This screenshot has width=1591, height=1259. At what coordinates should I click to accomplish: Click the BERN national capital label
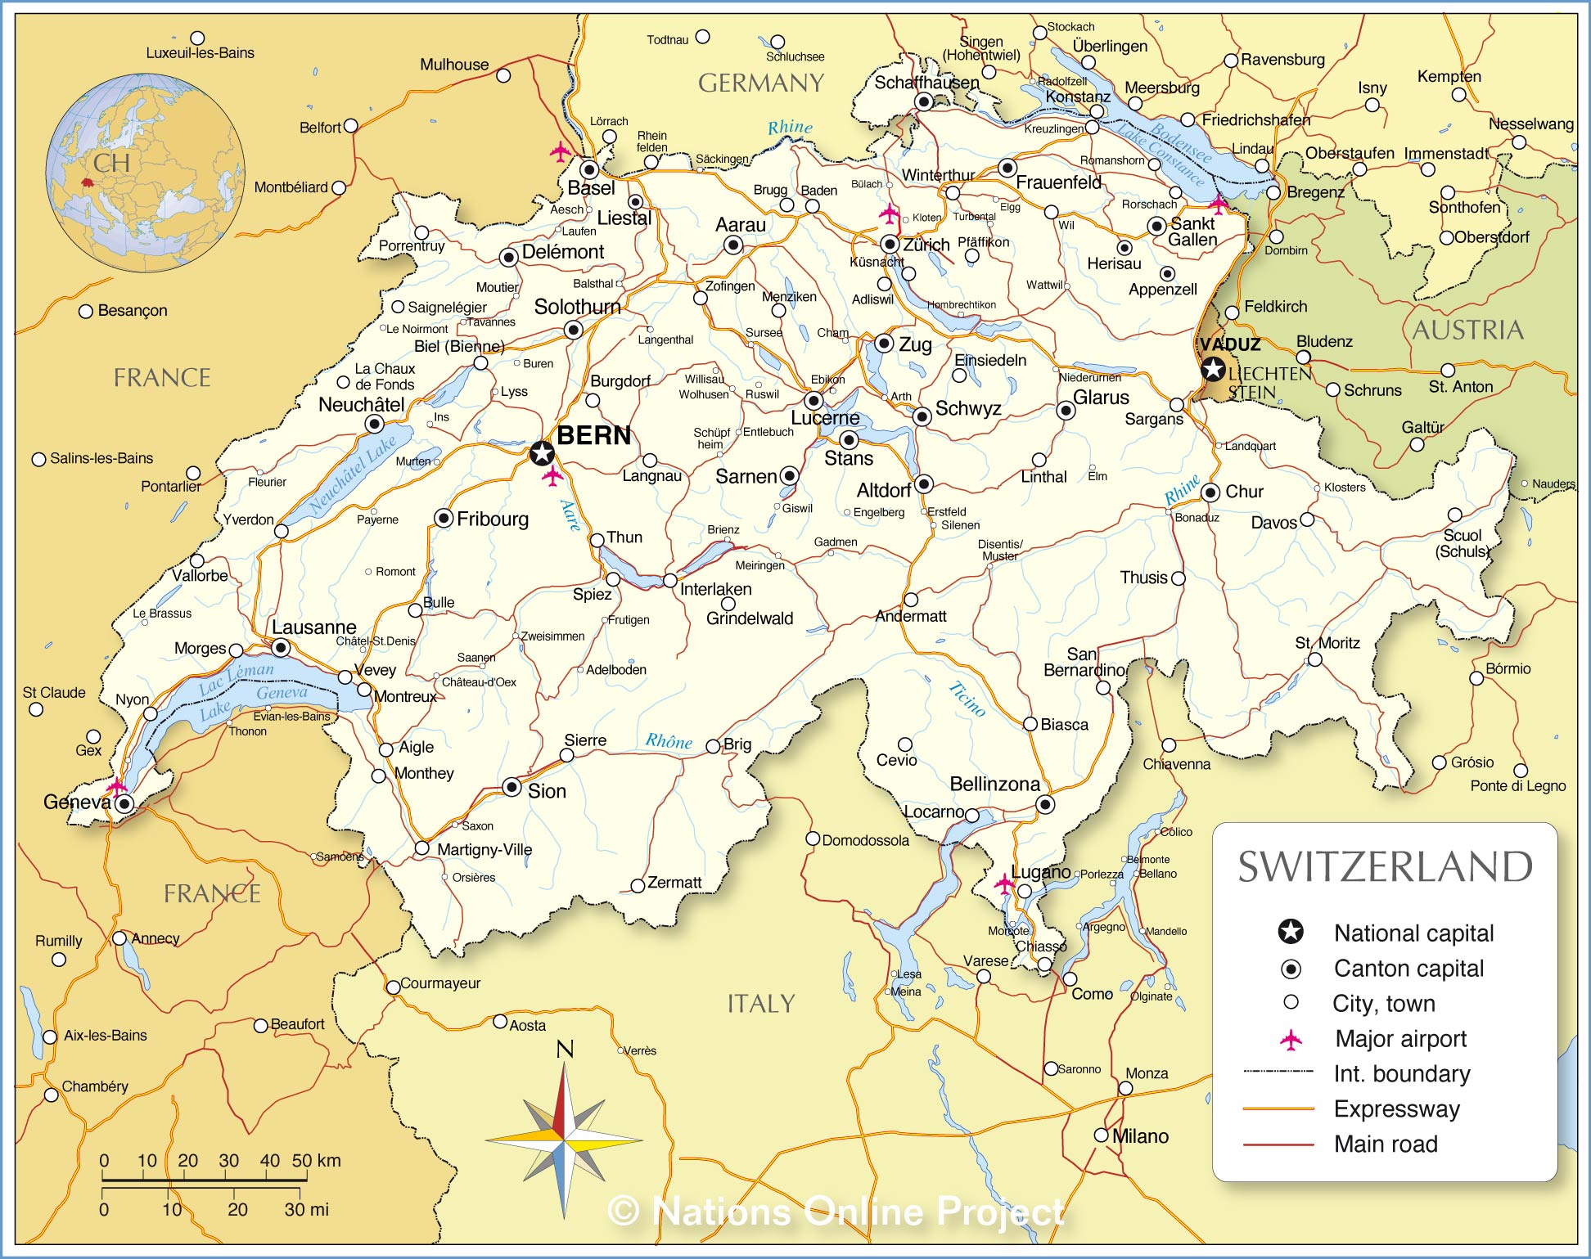(x=594, y=435)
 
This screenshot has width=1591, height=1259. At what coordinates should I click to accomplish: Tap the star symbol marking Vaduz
(x=1213, y=369)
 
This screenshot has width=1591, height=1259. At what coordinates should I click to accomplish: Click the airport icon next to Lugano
(x=1004, y=884)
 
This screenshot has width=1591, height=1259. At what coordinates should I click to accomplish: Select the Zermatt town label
(x=674, y=882)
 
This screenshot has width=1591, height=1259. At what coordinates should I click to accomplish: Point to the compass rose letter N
(x=565, y=1049)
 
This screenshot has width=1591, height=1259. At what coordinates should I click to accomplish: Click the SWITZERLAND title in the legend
(x=1385, y=867)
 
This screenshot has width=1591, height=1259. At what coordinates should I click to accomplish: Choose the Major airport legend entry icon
(x=1291, y=1040)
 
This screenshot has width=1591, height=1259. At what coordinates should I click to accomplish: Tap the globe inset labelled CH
(x=145, y=173)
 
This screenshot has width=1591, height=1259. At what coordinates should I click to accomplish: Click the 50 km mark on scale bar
(x=306, y=1161)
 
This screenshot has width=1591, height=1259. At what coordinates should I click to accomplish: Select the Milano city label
(x=1140, y=1136)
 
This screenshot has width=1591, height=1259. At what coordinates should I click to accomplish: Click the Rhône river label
(x=669, y=741)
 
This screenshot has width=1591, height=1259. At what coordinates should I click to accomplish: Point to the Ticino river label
(x=967, y=699)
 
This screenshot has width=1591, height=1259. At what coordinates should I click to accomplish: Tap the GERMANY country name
(x=760, y=83)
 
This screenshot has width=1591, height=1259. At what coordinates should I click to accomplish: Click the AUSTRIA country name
(x=1467, y=330)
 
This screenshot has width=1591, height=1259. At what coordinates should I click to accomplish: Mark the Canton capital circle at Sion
(x=512, y=787)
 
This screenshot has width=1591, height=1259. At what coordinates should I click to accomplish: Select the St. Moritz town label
(x=1327, y=643)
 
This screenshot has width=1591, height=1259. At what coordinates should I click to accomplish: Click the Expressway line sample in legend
(x=1278, y=1109)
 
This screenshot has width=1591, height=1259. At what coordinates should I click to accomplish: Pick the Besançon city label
(x=132, y=311)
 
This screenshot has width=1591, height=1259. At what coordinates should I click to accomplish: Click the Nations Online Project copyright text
(x=836, y=1211)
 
